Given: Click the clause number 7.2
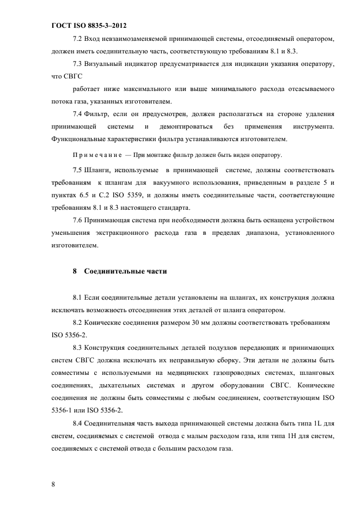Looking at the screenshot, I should point(77,40).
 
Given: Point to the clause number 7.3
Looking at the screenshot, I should point(77,64).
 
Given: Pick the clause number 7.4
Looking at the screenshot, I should point(77,114).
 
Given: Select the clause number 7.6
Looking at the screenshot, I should point(77,220).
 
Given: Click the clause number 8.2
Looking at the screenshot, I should point(77,323).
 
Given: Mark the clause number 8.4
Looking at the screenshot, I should point(77,422).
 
